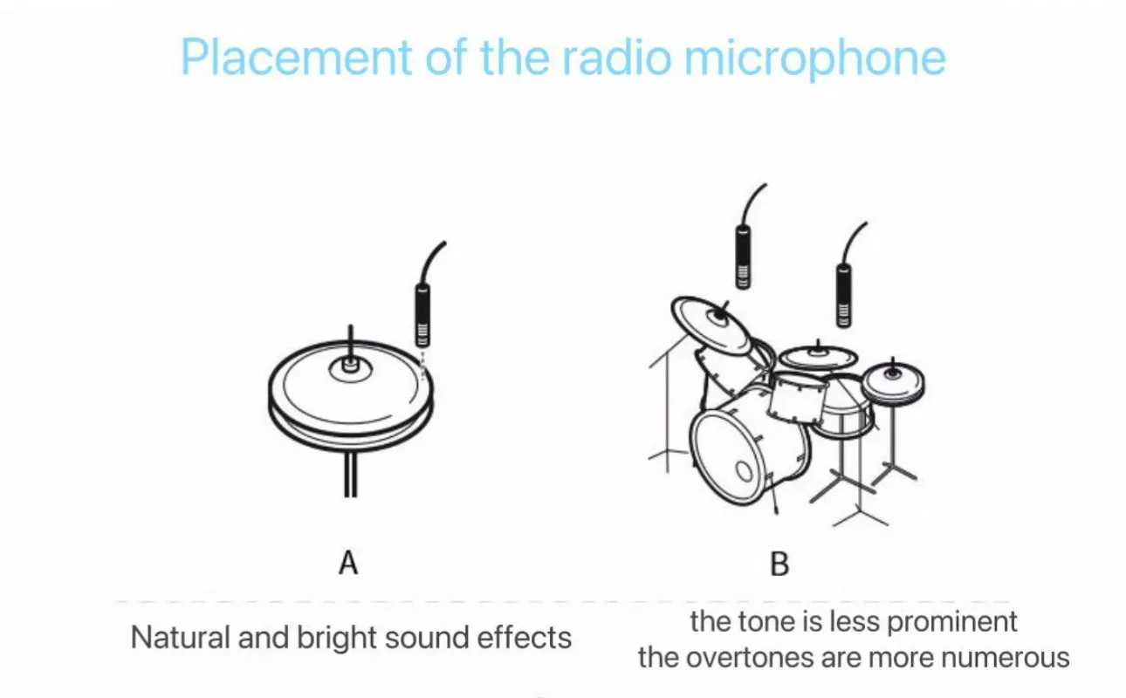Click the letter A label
coord(348,564)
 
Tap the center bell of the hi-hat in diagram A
coord(349,367)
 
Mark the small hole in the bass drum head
coord(744,472)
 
